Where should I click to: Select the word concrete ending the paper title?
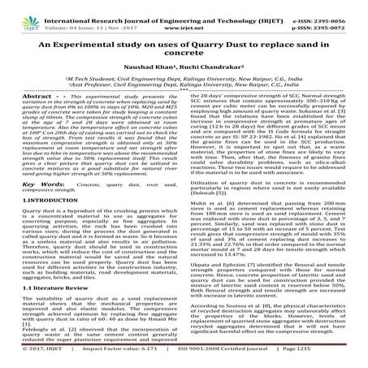click(184, 56)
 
